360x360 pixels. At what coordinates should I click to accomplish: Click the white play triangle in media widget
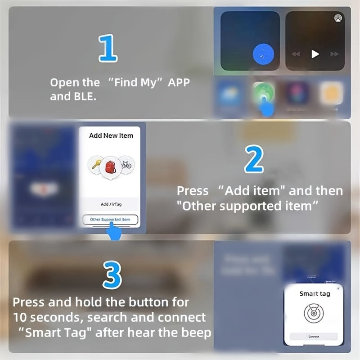315,54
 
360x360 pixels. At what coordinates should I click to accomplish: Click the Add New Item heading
111,135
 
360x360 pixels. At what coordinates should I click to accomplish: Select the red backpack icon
110,166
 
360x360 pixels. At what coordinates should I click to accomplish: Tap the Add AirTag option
111,204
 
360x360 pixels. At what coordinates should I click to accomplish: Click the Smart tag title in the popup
315,293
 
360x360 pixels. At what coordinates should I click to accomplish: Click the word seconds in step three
60,317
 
